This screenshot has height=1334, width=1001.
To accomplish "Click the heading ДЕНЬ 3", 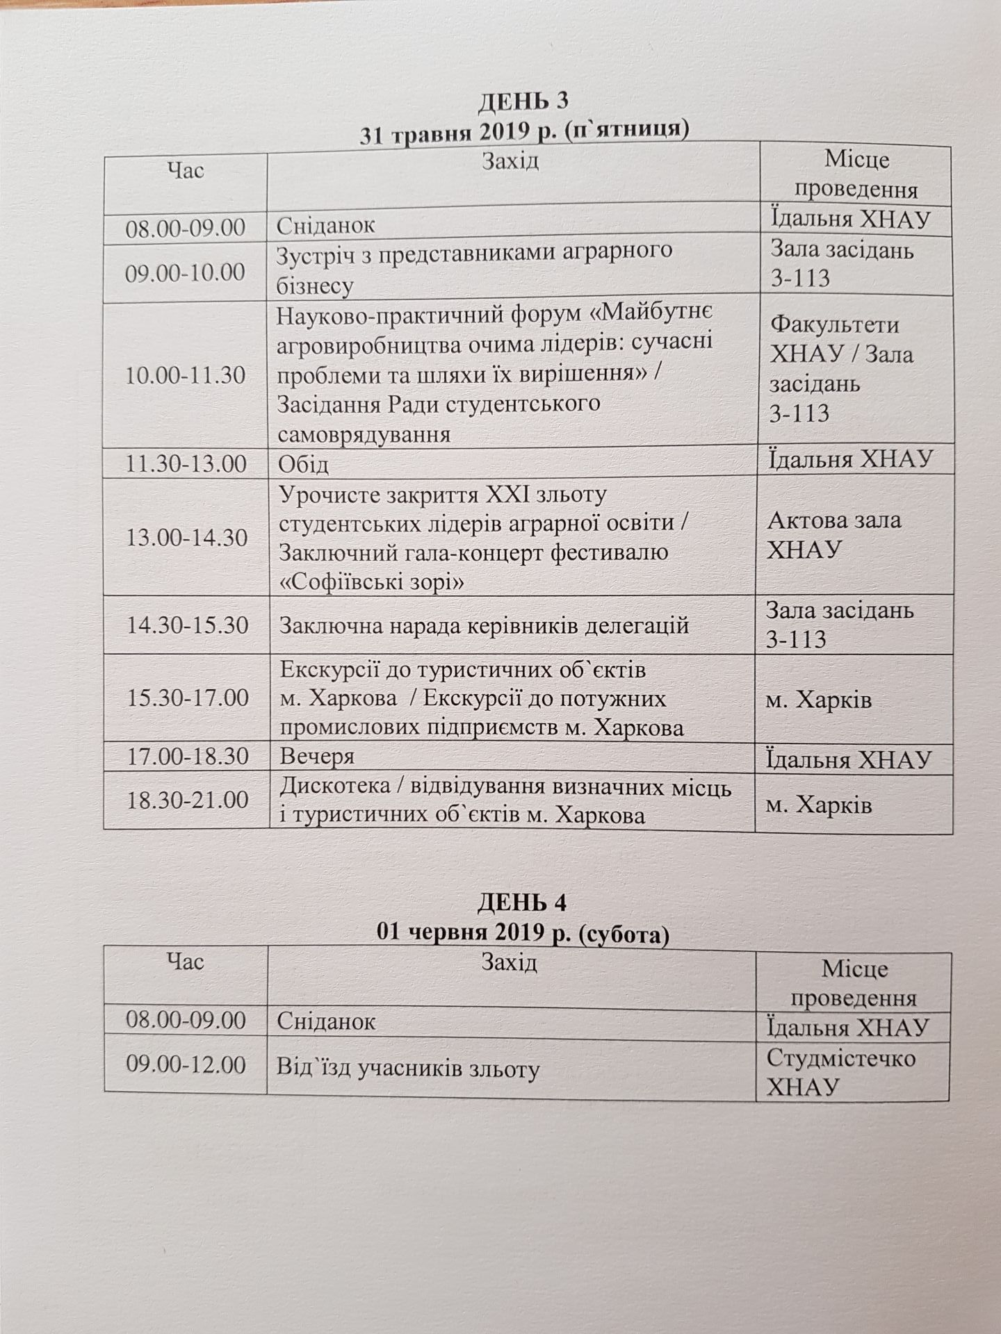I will tap(522, 101).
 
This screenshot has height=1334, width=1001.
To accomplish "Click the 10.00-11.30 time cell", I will tap(186, 375).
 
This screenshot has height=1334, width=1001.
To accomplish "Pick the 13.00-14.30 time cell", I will tap(187, 537).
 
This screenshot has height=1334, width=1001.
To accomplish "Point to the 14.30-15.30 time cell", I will tap(187, 625).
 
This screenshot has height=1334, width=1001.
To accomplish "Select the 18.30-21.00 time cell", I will tap(187, 800).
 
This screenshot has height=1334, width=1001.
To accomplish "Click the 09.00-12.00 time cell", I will tap(186, 1065).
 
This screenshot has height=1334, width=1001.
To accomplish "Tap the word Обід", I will tap(303, 464).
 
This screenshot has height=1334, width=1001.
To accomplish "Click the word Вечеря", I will tap(317, 756).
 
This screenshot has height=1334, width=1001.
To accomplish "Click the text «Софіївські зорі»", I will tap(372, 582).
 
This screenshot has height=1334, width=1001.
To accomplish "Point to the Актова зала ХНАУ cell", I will tap(833, 535).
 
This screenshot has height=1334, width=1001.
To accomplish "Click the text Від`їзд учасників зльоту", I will tap(408, 1069).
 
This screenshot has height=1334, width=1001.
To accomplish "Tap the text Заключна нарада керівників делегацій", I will tap(484, 626).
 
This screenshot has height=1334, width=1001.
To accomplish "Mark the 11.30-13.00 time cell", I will tap(186, 464).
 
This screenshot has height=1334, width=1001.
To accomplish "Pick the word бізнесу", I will tap(315, 285).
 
